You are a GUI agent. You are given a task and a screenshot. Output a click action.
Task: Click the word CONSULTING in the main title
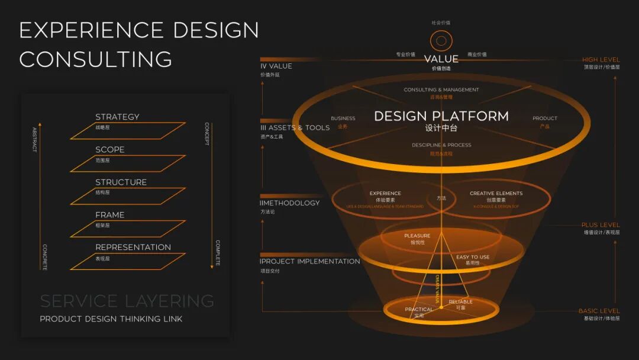click(96, 59)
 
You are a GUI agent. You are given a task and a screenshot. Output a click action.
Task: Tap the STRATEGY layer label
click(117, 117)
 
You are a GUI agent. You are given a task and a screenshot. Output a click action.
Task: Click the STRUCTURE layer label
click(121, 182)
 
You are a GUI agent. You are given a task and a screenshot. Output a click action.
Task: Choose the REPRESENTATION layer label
click(133, 247)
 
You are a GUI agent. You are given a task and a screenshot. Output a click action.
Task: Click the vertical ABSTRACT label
click(34, 140)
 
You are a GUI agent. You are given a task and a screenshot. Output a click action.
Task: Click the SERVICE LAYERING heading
click(127, 301)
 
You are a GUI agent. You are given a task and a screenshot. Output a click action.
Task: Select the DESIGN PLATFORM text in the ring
click(441, 116)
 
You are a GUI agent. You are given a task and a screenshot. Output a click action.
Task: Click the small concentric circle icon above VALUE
click(441, 41)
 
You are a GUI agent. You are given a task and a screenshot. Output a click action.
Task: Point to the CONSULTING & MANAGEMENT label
click(441, 90)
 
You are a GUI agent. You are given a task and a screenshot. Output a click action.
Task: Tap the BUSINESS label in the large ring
click(343, 118)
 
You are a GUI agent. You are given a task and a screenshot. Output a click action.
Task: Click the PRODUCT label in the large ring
click(545, 118)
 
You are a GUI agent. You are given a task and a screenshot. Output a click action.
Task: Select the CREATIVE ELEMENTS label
click(496, 194)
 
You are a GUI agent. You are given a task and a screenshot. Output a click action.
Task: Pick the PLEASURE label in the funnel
click(417, 236)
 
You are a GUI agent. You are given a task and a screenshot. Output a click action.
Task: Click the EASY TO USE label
click(473, 257)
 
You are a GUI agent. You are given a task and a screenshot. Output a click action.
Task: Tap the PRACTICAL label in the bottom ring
click(419, 309)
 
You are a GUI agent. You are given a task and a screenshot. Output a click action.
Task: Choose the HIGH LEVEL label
click(601, 60)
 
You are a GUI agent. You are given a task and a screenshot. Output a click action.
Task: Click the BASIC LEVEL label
click(599, 311)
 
